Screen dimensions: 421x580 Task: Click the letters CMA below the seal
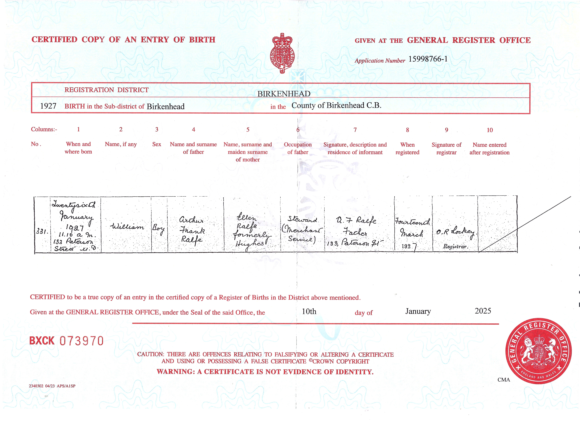tap(504, 380)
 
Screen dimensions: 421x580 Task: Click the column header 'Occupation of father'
tap(298, 148)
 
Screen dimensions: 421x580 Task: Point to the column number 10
tap(489, 130)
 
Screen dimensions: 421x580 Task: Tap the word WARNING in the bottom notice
tap(175, 372)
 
